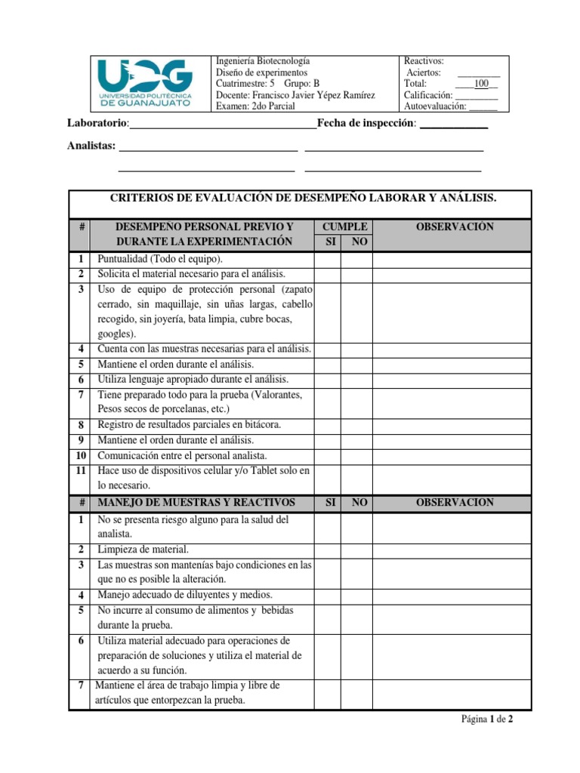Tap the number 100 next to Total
tap(481, 84)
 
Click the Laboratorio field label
tap(97, 123)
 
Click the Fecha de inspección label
tap(366, 123)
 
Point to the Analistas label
tap(91, 146)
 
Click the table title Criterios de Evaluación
tap(301, 198)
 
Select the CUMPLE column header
tap(344, 226)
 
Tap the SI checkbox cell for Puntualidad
tap(328, 259)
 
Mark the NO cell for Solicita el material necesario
tap(356, 274)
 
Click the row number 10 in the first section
tap(79, 455)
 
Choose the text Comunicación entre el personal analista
tap(182, 455)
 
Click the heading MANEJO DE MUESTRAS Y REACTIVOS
tap(197, 502)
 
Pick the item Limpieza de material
tap(143, 550)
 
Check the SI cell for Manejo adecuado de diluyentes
tap(328, 595)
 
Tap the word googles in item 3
tap(117, 334)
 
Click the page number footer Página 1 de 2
tap(487, 719)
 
